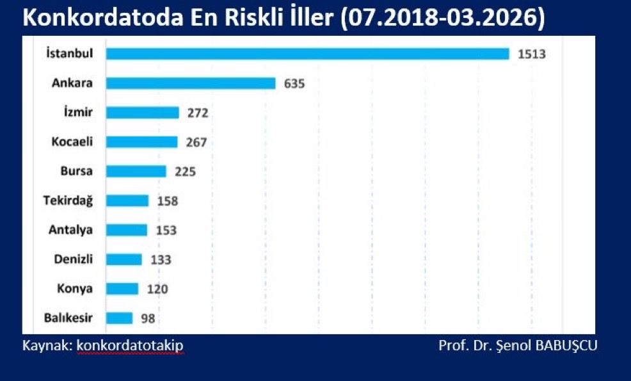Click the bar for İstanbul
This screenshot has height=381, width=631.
point(307,54)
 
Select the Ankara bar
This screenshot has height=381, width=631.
point(191,83)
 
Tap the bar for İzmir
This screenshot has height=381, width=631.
point(143,113)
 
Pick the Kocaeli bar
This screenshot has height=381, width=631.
point(141,142)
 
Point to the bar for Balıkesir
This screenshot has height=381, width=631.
point(119,318)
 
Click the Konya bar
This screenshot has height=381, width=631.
point(122,289)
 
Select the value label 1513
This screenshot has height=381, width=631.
point(531,54)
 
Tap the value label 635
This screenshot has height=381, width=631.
point(295,84)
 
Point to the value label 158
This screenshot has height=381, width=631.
point(167,201)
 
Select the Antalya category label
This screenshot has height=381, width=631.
point(71,230)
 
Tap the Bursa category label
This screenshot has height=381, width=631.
point(77,172)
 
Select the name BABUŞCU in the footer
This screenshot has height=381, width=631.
point(566,346)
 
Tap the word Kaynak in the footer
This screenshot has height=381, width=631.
point(45,346)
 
